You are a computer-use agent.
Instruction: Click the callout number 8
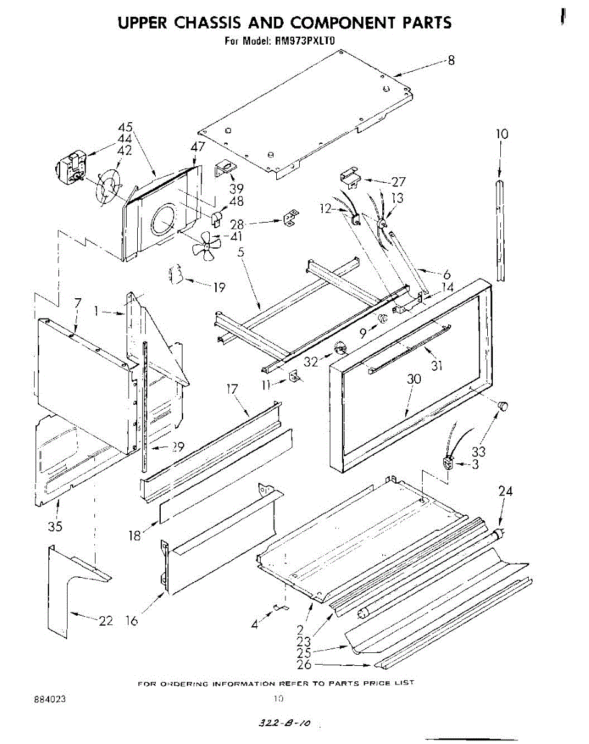(x=451, y=61)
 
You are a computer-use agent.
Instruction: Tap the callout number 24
(x=506, y=492)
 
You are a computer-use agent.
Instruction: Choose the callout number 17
(x=233, y=389)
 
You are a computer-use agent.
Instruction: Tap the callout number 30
(x=413, y=379)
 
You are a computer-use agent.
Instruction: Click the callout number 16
(x=132, y=620)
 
